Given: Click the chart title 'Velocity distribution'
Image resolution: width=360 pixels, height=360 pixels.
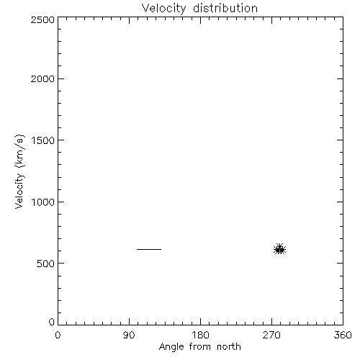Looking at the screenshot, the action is tap(199, 9).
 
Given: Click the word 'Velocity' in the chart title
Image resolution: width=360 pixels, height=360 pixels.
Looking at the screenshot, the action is tap(163, 9).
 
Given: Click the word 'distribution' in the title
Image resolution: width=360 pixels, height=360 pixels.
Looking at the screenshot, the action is tap(225, 8).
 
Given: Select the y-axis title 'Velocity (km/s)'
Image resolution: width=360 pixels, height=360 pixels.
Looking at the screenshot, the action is tap(19, 171).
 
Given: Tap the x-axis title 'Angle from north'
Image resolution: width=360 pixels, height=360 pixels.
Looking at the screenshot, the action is tap(200, 347).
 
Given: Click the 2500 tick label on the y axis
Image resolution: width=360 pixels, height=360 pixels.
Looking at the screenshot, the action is tap(42, 19).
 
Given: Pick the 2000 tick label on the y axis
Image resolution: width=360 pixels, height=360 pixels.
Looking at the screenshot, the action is tap(42, 78).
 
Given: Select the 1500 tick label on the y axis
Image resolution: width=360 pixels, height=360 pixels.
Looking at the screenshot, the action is tap(43, 140).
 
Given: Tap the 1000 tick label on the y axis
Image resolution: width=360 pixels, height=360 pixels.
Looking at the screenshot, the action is tap(43, 202).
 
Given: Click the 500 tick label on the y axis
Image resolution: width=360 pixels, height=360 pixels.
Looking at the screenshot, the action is tap(46, 264).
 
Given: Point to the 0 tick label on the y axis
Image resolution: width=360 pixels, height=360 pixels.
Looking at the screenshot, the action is tap(52, 322).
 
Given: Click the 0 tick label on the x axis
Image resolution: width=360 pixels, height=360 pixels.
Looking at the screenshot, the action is tap(58, 335).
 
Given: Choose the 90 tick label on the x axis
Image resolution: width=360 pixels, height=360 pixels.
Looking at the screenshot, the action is tap(129, 335).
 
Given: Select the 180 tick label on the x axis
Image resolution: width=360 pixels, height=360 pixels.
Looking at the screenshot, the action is tap(200, 335).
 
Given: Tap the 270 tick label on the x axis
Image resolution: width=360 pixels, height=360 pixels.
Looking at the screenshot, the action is tap(271, 335).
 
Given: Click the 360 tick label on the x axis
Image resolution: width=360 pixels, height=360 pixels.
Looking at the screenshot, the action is tap(343, 335).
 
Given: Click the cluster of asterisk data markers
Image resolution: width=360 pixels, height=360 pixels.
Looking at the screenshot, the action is tap(280, 249).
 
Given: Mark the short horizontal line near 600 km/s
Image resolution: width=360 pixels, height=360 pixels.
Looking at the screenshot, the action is tap(149, 249).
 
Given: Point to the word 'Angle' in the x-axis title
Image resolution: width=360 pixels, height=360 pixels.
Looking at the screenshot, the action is tap(171, 347).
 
